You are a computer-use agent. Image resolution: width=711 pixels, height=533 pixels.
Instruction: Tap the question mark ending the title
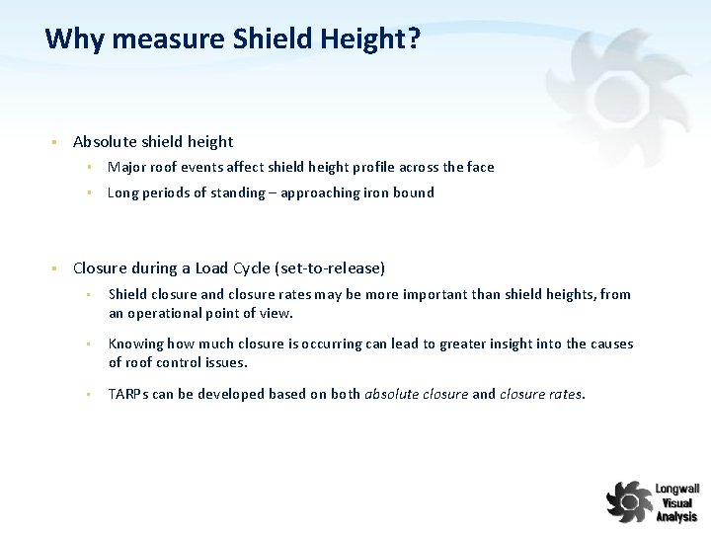tap(415, 39)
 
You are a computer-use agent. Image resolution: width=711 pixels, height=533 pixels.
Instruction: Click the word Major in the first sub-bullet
tap(126, 167)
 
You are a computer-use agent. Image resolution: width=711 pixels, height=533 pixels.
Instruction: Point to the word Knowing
tap(135, 343)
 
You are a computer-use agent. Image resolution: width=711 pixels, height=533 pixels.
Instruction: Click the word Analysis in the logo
tap(676, 516)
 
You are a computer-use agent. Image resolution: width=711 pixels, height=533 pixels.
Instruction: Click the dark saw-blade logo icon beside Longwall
tap(629, 500)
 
